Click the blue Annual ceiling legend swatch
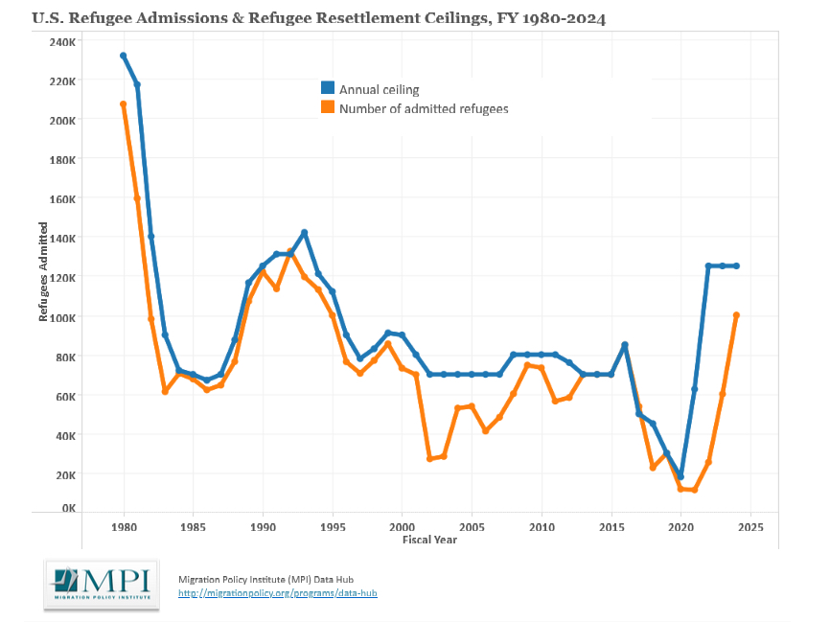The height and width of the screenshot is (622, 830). [327, 89]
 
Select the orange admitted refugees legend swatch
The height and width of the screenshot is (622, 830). [327, 108]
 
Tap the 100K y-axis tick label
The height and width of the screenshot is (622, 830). [62, 317]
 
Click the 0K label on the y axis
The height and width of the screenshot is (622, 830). [67, 508]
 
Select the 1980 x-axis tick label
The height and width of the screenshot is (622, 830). [124, 527]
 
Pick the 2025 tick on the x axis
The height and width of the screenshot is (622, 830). [750, 527]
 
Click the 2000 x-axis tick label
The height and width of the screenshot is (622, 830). [403, 527]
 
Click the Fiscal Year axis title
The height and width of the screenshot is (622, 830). [429, 540]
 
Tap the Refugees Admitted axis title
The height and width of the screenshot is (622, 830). [43, 275]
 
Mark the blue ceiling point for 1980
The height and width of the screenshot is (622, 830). [124, 56]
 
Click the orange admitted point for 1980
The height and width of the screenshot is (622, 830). [124, 104]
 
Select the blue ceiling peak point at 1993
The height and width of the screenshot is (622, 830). [305, 233]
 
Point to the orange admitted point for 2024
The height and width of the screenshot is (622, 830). [737, 314]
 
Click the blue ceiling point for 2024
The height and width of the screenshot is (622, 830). [737, 266]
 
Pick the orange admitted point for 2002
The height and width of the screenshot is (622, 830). [430, 459]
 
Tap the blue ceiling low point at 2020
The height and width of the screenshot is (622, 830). [681, 476]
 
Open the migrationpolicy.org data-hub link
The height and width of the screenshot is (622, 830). [278, 593]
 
